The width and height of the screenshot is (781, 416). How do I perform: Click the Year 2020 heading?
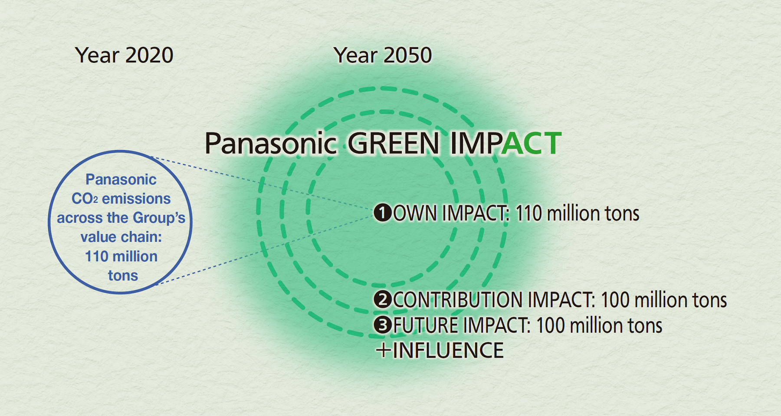pyautogui.click(x=124, y=55)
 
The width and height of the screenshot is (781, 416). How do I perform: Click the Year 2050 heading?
pyautogui.click(x=383, y=55)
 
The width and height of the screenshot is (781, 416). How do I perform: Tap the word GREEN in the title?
pyautogui.click(x=394, y=143)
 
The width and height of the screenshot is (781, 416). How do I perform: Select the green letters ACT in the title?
pyautogui.click(x=531, y=143)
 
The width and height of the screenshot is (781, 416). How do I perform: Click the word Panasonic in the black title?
pyautogui.click(x=271, y=143)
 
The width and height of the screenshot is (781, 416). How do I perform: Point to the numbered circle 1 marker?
pyautogui.click(x=383, y=213)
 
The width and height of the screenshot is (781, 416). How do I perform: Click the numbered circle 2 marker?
pyautogui.click(x=383, y=299)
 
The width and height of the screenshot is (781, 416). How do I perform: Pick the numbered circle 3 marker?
pyautogui.click(x=383, y=325)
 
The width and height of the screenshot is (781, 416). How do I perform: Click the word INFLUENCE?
pyautogui.click(x=448, y=351)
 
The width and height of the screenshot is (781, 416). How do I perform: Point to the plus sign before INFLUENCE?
pyautogui.click(x=384, y=350)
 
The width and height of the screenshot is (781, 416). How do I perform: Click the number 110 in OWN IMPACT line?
pyautogui.click(x=528, y=213)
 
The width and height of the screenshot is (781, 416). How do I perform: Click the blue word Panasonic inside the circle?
pyautogui.click(x=121, y=179)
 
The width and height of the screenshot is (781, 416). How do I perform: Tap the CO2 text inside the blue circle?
pyautogui.click(x=85, y=198)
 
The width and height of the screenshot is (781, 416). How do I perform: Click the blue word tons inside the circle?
pyautogui.click(x=123, y=276)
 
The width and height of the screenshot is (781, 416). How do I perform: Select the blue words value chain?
pyautogui.click(x=121, y=237)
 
